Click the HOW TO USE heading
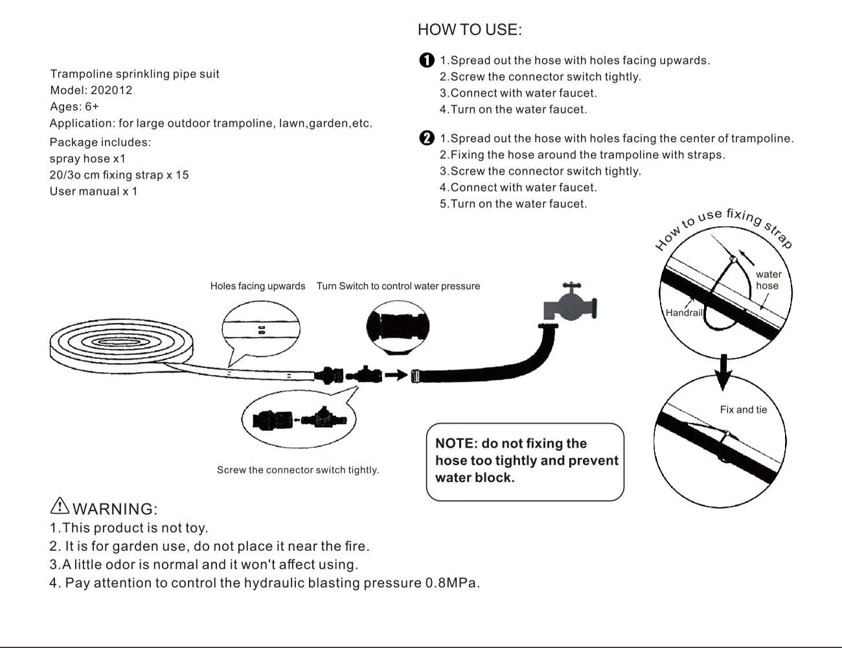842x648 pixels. tap(470, 30)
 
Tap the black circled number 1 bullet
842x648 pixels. tap(427, 60)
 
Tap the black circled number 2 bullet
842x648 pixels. tap(427, 138)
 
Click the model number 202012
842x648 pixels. tap(111, 90)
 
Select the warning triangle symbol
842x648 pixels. tap(59, 506)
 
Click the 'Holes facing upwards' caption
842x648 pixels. tap(258, 286)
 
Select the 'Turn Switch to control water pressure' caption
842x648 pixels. tap(398, 286)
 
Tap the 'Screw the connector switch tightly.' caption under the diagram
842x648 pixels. tap(298, 470)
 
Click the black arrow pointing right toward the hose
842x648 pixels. tap(396, 375)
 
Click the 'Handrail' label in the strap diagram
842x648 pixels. tap(684, 312)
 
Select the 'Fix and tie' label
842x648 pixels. tap(743, 410)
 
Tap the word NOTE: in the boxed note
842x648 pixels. tap(456, 444)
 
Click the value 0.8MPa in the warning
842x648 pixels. tap(452, 583)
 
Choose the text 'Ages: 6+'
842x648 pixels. tap(74, 106)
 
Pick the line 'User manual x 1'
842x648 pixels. tap(94, 191)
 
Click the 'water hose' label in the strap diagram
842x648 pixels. tap(768, 280)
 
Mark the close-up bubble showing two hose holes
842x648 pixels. tap(261, 329)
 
